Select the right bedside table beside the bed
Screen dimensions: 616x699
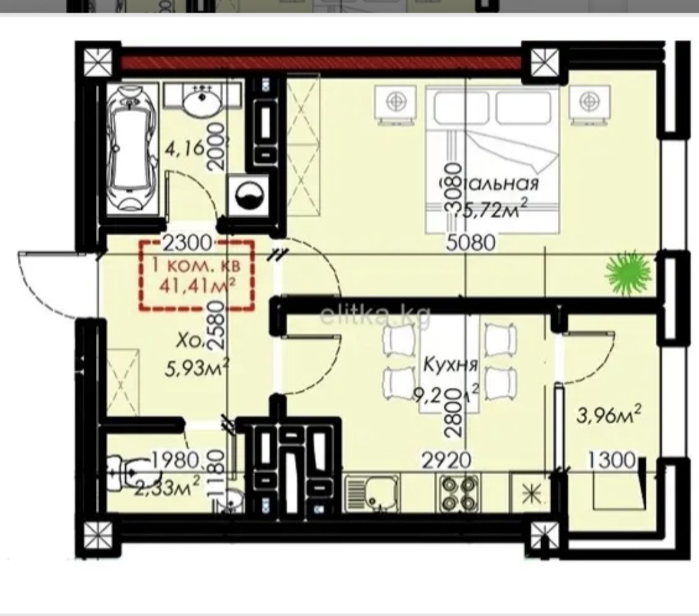pos(586,104)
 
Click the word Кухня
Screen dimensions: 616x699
pos(451,365)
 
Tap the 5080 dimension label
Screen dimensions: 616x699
pos(471,243)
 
